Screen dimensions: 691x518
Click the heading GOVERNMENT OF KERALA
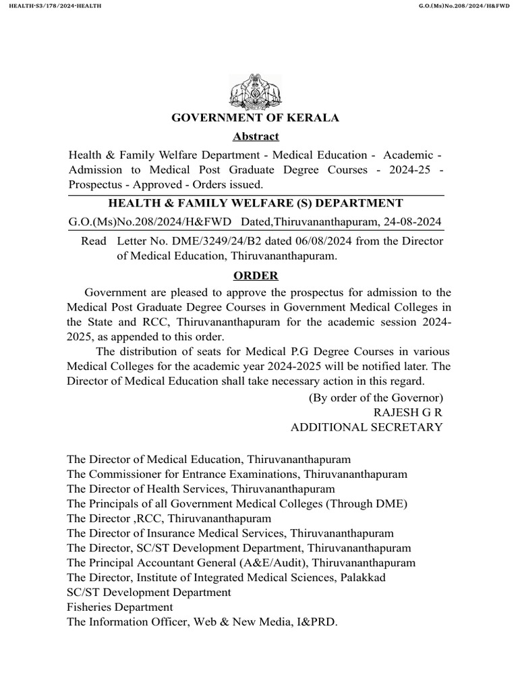coord(256,118)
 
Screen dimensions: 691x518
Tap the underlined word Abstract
coord(256,137)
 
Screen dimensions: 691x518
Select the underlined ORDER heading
coord(256,275)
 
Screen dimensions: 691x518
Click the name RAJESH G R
coord(408,412)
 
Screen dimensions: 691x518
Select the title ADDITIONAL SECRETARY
coord(366,427)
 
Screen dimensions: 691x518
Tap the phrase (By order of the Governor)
coord(376,397)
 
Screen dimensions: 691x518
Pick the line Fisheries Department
coord(110,607)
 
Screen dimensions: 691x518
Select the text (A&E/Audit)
coord(272,563)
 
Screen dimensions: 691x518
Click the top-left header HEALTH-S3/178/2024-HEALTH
coord(51,6)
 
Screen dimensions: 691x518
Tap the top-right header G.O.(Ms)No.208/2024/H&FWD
coord(465,6)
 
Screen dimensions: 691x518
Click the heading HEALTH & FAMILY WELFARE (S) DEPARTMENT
coord(256,203)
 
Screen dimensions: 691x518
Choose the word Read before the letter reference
coord(94,241)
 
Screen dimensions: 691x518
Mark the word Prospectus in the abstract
coord(94,184)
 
